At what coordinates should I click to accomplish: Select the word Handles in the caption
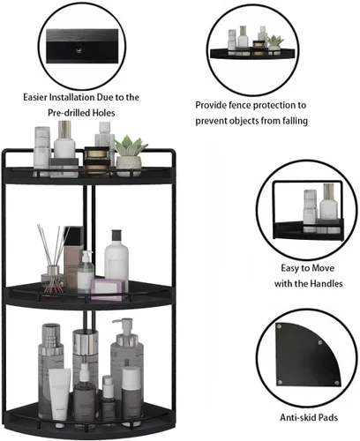(326, 283)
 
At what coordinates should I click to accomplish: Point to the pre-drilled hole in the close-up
(79, 50)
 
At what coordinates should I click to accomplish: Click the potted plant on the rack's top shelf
(129, 155)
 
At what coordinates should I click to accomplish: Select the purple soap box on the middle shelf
(108, 289)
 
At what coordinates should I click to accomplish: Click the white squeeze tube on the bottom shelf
(60, 394)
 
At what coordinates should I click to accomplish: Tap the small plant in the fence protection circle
(275, 43)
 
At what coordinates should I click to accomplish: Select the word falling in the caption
(295, 121)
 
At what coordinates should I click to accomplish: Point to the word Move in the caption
(323, 268)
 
